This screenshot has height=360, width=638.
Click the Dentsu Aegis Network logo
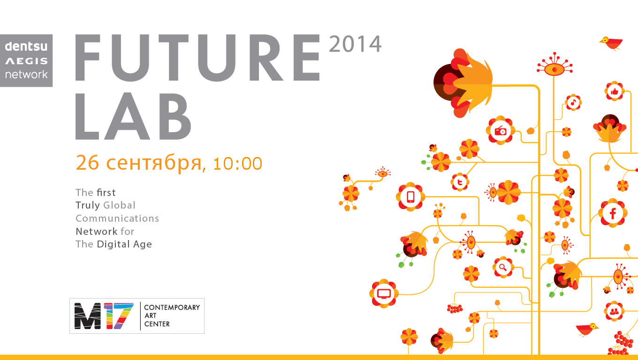(x=26, y=60)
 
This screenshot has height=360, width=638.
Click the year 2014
(x=355, y=44)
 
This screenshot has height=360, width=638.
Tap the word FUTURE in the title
(x=197, y=58)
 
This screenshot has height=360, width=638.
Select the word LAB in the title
(x=133, y=116)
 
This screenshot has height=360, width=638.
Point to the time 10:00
(x=237, y=164)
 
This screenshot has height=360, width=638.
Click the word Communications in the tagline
(x=117, y=218)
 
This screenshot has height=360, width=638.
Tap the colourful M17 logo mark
(x=104, y=316)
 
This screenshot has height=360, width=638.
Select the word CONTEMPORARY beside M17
(x=172, y=307)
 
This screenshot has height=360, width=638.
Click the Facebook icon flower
(x=613, y=213)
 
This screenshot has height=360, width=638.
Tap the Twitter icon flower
(x=460, y=182)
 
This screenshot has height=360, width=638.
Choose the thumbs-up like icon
(x=615, y=91)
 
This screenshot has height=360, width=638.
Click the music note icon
(x=573, y=103)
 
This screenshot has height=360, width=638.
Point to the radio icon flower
(x=501, y=131)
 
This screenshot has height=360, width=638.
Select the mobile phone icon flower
(x=410, y=197)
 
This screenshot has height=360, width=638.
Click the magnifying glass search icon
(x=503, y=267)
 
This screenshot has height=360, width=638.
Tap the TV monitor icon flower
(x=384, y=293)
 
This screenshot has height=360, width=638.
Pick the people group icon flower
(x=614, y=311)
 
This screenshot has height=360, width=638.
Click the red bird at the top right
(x=612, y=44)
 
